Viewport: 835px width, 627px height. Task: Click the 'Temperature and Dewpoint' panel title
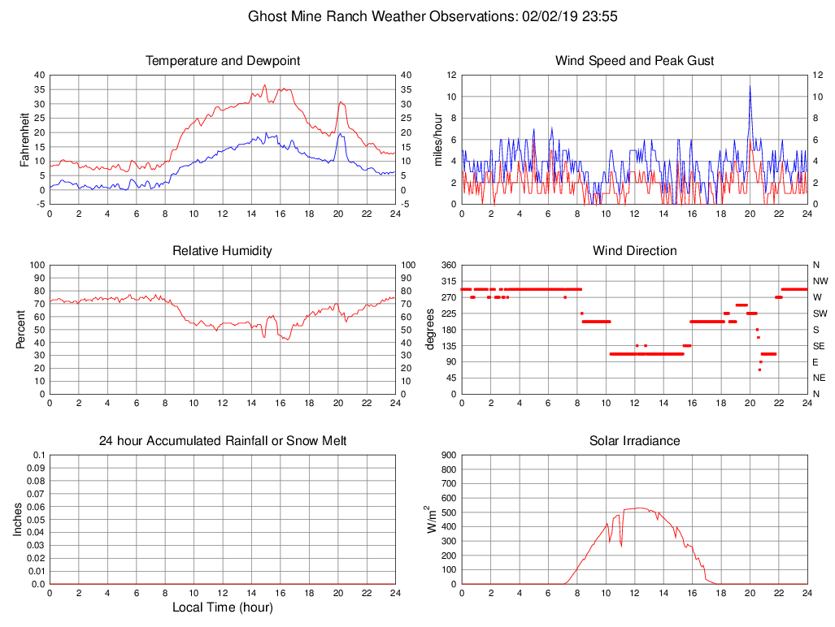coord(223,61)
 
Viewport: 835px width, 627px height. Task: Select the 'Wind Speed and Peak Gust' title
coord(635,61)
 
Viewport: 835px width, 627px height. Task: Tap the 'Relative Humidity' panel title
coord(223,251)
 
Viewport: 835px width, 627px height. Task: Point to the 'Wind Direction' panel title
coord(635,251)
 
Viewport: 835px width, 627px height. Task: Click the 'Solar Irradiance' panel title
coord(635,441)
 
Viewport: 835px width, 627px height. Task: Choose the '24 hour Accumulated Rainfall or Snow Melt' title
coord(223,441)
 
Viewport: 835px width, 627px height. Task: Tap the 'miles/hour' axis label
coord(438,139)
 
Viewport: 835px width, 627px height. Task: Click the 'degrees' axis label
coord(430,329)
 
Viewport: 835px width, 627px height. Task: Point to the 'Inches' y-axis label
coord(18,519)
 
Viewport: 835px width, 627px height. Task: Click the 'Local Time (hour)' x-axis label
coord(223,608)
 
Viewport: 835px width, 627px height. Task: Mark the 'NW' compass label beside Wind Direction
coord(819,281)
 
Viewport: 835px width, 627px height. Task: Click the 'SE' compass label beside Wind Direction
coord(818,345)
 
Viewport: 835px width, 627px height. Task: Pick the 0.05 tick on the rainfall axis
coord(36,520)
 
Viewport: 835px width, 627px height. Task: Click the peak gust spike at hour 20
coord(750,87)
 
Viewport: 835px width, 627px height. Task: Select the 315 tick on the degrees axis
coord(448,281)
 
